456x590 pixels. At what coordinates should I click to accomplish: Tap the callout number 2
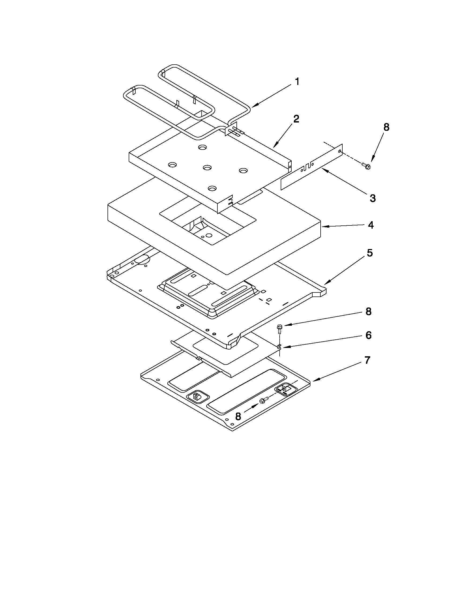tap(296, 118)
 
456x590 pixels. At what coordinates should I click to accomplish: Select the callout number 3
tap(372, 198)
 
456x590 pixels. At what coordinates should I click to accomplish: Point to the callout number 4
tap(371, 225)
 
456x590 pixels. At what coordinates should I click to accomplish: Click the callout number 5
tap(369, 253)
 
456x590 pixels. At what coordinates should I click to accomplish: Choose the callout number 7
tap(367, 360)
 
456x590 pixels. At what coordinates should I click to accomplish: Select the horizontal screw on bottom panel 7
tap(264, 401)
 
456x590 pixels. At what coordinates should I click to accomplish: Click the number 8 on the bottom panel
tap(238, 416)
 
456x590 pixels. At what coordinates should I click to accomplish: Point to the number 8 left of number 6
tap(369, 311)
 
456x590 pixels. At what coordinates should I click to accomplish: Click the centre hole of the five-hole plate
tap(207, 168)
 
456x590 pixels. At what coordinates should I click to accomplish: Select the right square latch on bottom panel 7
tap(285, 388)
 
